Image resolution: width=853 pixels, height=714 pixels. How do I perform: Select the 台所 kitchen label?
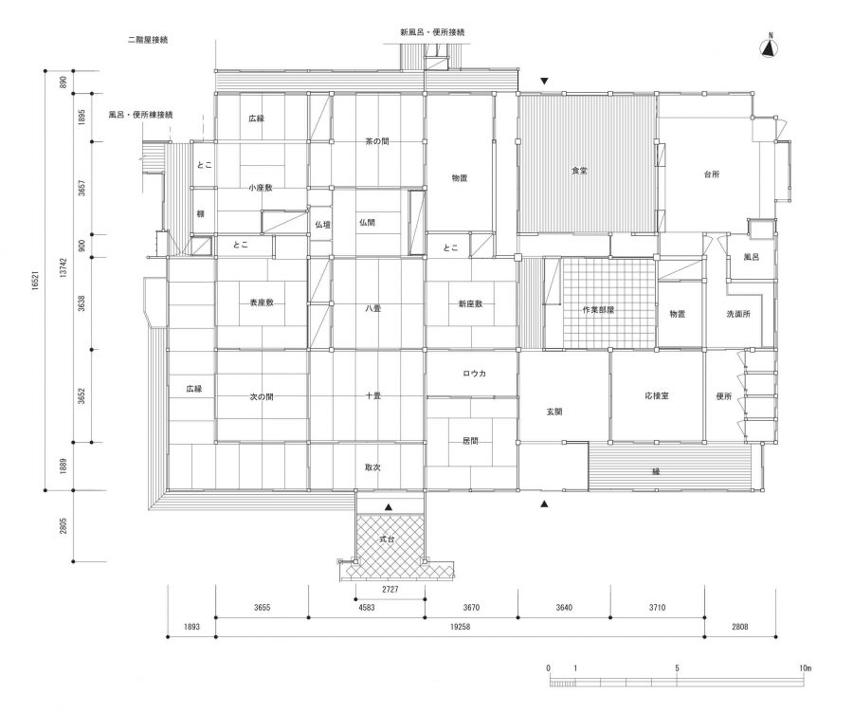click(712, 174)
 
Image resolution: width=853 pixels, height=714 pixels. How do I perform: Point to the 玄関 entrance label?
click(554, 412)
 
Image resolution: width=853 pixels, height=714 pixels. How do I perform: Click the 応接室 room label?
click(657, 394)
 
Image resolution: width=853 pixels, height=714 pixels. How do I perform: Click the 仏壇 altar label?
click(321, 224)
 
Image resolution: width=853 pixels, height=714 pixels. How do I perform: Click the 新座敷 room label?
click(470, 303)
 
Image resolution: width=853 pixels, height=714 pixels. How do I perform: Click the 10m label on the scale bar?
click(805, 668)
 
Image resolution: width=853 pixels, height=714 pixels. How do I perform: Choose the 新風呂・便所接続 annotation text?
click(433, 32)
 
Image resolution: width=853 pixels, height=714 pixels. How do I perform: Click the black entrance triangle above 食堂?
click(544, 82)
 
